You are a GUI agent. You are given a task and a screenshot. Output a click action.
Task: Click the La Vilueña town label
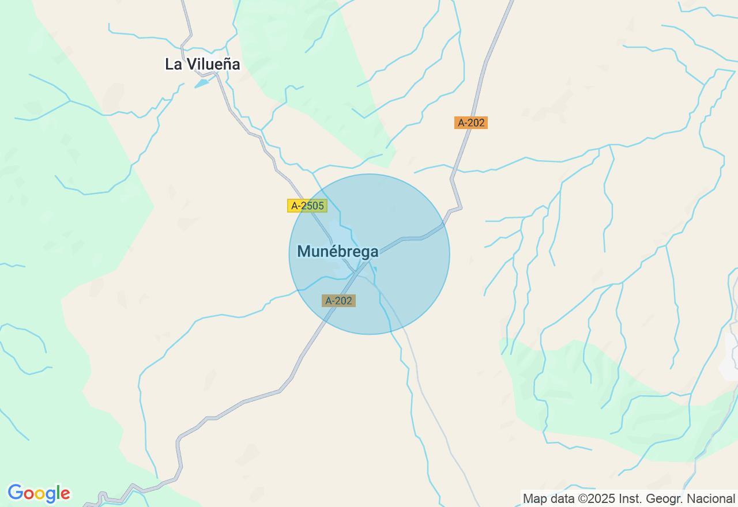coord(202,65)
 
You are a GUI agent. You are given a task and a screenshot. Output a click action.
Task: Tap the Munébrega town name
coord(338,252)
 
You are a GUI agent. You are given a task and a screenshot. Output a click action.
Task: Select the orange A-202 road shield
coord(471,123)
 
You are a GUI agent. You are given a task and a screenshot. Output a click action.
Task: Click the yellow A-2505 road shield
coord(307,206)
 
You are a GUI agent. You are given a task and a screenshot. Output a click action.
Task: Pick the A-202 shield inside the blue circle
coord(338,301)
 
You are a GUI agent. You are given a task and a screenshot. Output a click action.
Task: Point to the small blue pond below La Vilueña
coord(202,84)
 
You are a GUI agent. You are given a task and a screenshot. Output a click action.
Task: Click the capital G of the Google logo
coord(16,493)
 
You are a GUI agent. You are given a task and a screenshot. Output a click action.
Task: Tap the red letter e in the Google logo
coord(65,494)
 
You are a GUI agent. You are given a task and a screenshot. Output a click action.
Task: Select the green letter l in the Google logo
coord(58,493)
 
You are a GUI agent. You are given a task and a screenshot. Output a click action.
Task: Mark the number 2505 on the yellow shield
coord(312,206)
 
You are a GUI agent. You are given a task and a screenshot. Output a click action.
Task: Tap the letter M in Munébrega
coord(304,252)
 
